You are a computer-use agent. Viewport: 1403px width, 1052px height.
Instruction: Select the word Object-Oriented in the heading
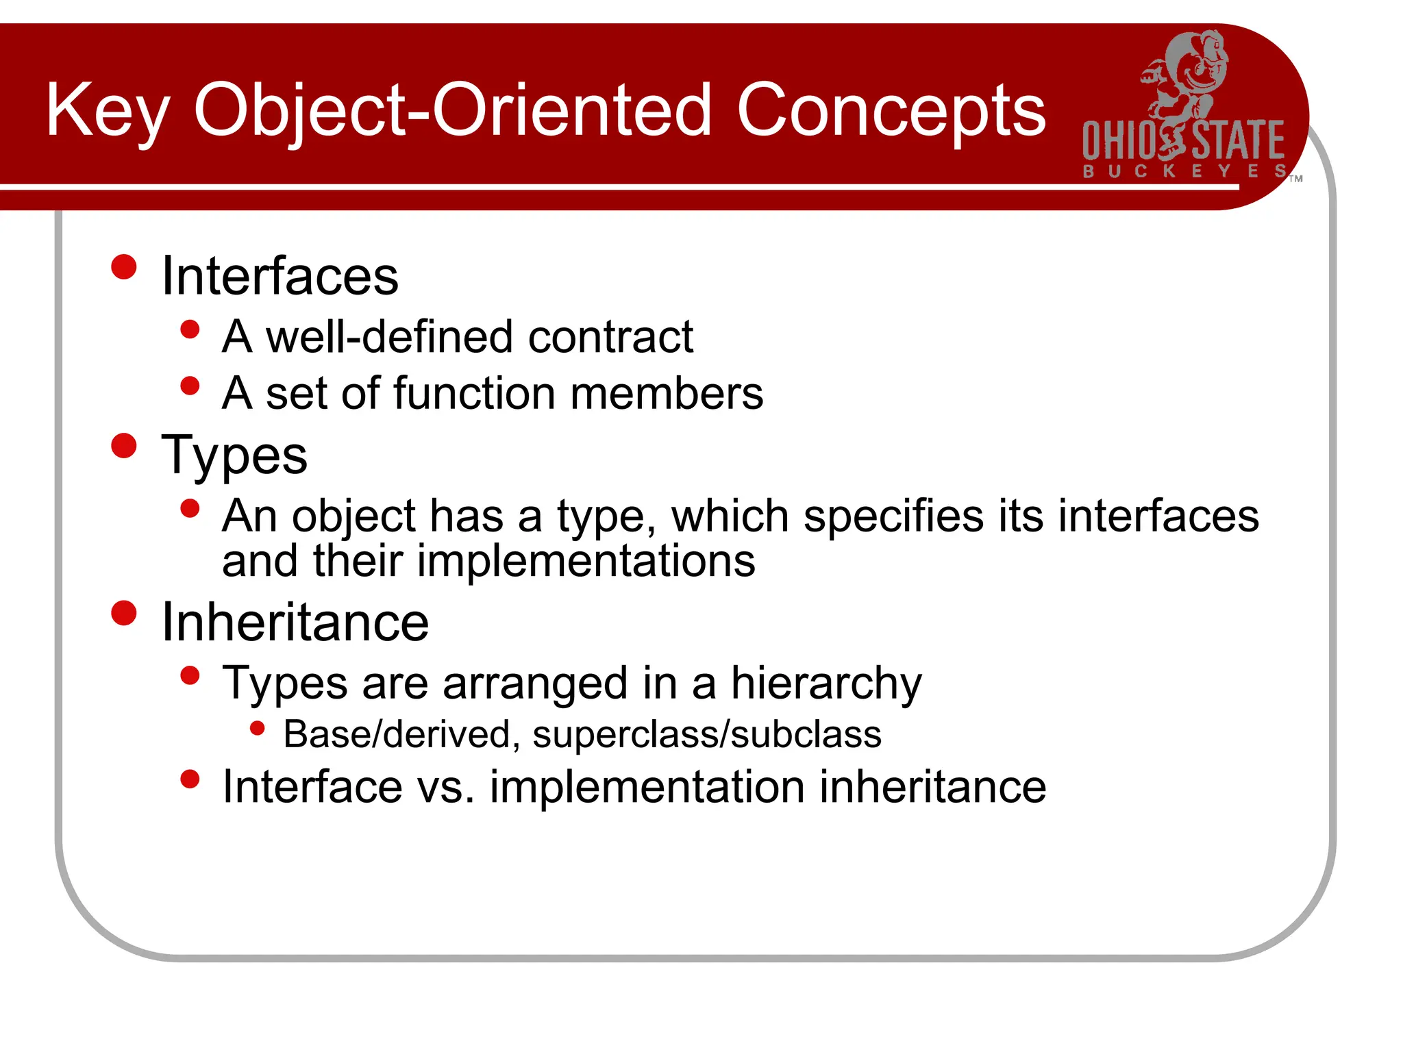pos(453,112)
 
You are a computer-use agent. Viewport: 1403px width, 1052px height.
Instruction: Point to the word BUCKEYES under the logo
pos(1184,171)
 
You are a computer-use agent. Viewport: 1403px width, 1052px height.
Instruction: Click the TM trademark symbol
pos(1295,179)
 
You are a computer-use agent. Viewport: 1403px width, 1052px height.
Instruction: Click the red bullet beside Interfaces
pos(124,267)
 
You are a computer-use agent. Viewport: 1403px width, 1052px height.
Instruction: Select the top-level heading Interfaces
pos(280,276)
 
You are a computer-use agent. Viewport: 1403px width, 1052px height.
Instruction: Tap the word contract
pos(610,337)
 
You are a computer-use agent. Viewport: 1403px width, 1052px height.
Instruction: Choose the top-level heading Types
pos(234,455)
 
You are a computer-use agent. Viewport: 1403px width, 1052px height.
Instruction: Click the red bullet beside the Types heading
pos(124,446)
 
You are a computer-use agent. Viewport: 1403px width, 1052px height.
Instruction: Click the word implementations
pos(586,562)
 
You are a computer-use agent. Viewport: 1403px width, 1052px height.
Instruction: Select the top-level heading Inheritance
pos(295,623)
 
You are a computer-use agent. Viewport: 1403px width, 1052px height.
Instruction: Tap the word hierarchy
pos(826,684)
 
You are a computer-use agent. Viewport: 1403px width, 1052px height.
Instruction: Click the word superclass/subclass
pos(706,735)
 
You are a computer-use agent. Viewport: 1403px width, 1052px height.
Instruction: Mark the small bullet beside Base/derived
pos(258,728)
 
